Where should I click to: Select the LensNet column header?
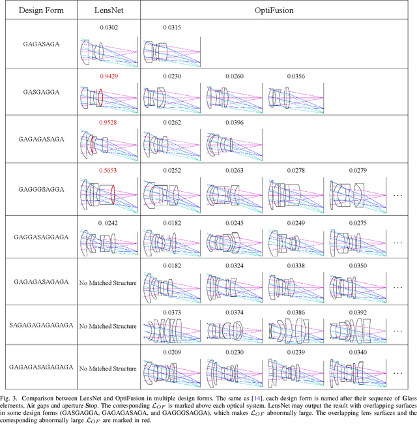108,10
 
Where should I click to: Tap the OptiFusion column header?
273,10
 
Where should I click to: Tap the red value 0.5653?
108,170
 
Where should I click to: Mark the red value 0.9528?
108,123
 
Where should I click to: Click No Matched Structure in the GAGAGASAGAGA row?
108,282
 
